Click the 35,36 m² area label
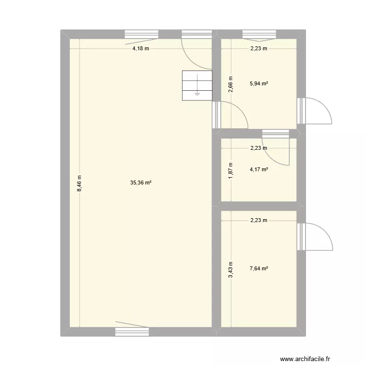tap(141, 183)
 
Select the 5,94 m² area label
tap(259, 83)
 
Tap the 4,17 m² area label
tap(259, 170)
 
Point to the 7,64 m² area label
tap(259, 268)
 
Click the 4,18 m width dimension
tap(141, 48)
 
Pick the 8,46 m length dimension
tap(79, 183)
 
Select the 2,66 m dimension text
tap(231, 83)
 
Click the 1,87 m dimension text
tap(231, 170)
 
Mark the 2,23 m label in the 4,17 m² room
tap(259, 148)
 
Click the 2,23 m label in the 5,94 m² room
tap(259, 48)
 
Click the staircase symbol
tap(197, 85)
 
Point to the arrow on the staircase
tap(197, 93)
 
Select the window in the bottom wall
tap(132, 332)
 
